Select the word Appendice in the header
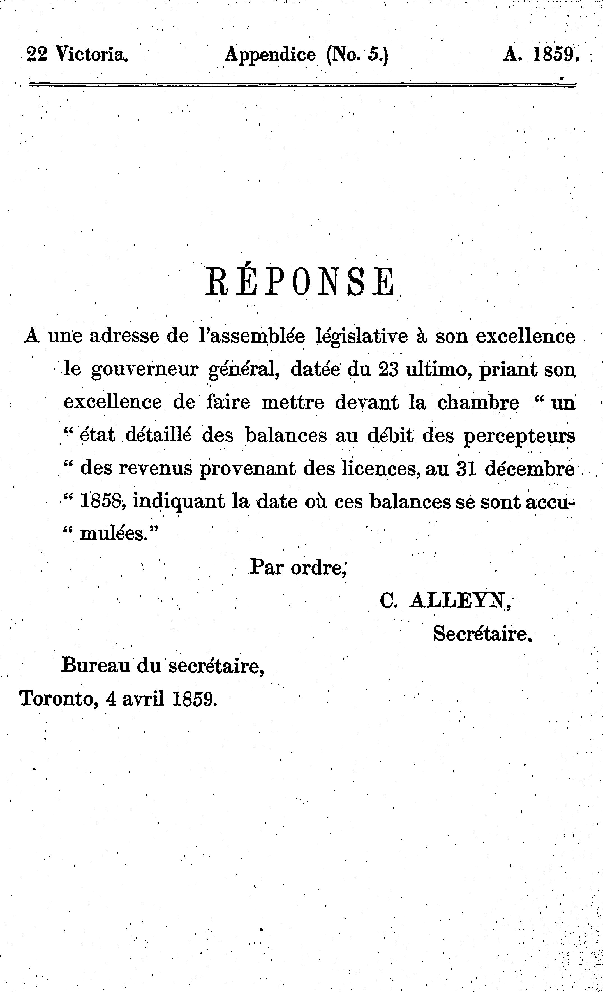click(x=270, y=54)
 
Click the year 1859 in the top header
click(x=556, y=54)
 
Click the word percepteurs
click(x=519, y=436)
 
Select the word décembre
click(x=529, y=469)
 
